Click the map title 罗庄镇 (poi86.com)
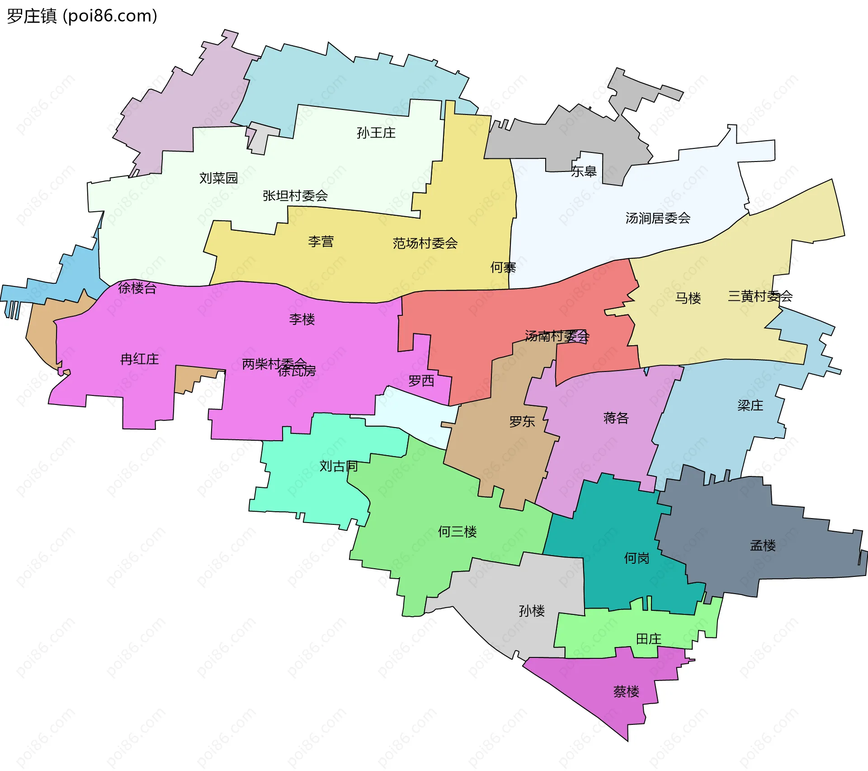pos(82,16)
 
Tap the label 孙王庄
pos(376,133)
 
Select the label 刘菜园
pos(218,178)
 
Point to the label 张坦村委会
pos(295,196)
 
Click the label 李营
pos(321,242)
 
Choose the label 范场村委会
pos(425,243)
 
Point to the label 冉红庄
pos(139,359)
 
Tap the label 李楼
pos(302,319)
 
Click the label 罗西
pos(421,381)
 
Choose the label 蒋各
pos(616,418)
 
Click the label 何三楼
pos(457,532)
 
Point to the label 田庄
pos(648,639)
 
